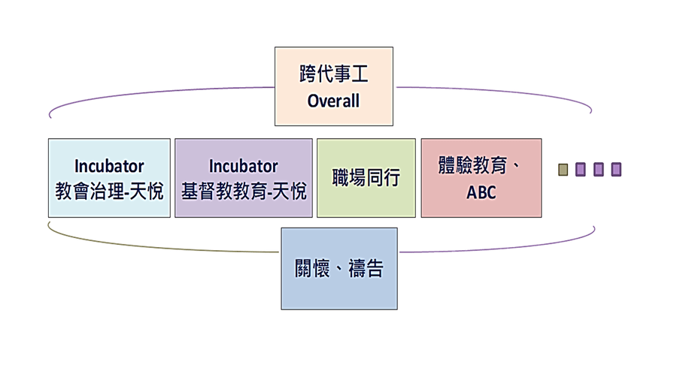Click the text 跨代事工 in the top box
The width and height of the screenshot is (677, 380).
[333, 76]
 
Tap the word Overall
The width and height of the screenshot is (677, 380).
[333, 101]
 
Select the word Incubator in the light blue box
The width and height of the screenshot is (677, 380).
[109, 166]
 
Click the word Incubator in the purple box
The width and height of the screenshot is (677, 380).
[243, 166]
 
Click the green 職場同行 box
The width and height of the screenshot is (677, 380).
[366, 179]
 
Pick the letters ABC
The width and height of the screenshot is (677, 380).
[481, 192]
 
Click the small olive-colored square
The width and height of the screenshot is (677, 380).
[563, 170]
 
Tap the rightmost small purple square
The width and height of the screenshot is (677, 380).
[616, 170]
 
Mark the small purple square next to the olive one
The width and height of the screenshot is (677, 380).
[581, 170]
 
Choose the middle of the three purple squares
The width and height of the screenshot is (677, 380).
[599, 170]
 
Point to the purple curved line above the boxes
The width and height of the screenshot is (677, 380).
[150, 94]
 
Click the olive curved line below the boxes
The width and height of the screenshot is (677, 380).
[150, 245]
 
